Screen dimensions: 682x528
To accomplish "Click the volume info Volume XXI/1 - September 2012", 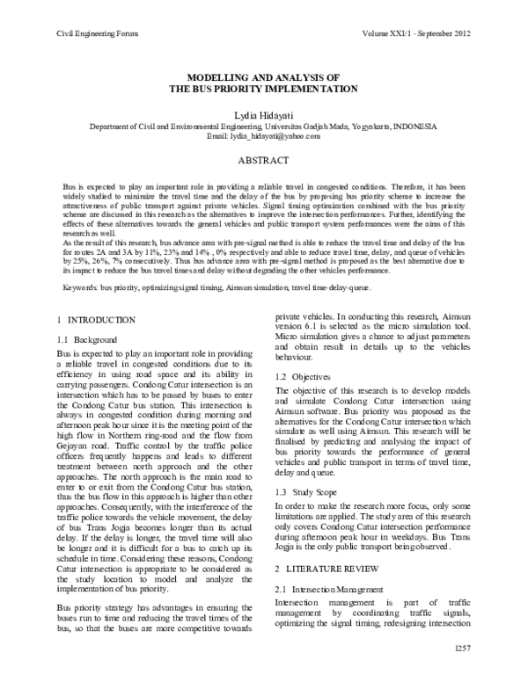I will (x=422, y=33).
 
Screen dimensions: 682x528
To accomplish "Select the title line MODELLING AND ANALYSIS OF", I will (x=264, y=77).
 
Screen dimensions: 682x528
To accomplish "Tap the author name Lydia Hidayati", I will (x=264, y=114).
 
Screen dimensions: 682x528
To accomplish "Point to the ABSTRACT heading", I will (x=264, y=162).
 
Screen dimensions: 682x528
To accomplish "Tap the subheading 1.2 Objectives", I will (x=299, y=376).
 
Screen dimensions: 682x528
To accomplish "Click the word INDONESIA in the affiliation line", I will (x=414, y=127).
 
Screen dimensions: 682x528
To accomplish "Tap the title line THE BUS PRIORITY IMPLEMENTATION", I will (x=264, y=89).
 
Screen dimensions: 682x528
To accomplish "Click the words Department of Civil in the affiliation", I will (x=124, y=127).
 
